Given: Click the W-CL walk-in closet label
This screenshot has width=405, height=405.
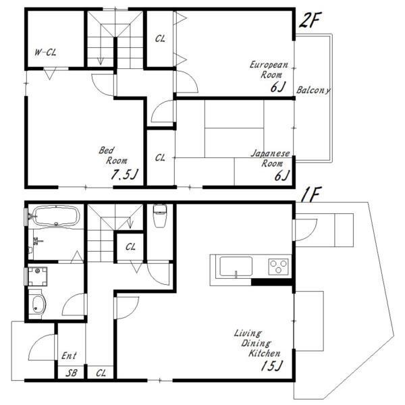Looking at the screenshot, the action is pos(45,53).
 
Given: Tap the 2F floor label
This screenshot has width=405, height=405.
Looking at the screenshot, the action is pos(310,20).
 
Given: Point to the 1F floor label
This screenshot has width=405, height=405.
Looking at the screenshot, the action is pos(311,194).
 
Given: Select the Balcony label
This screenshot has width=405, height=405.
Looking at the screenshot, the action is pos(313,90).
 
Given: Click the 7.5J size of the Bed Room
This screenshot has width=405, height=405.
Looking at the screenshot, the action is pos(124,174).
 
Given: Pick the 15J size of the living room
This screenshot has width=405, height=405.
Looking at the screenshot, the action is pos(272,365).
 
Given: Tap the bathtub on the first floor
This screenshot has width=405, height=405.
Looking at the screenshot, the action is pos(55,216).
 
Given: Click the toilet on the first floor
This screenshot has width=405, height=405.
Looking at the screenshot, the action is pos(160,215).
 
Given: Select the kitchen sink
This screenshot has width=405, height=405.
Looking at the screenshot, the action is pos(236,267).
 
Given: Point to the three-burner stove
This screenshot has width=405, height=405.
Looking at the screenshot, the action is pos(278,267).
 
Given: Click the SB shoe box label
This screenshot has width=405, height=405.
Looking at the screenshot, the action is pos(71,373).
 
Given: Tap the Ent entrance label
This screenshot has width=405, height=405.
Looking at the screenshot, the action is pos(69,356).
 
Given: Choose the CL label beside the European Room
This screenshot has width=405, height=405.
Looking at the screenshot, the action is pos(160,38).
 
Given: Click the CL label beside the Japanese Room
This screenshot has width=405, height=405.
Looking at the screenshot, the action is pos(160,157).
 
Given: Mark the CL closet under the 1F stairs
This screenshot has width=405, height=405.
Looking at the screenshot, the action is pos(130,247).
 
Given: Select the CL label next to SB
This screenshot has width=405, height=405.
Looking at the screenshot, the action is pos(101,373).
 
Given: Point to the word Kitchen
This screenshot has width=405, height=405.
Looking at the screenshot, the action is pos(264,353).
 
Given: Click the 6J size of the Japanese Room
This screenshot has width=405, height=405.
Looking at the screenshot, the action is pos(281,175).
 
